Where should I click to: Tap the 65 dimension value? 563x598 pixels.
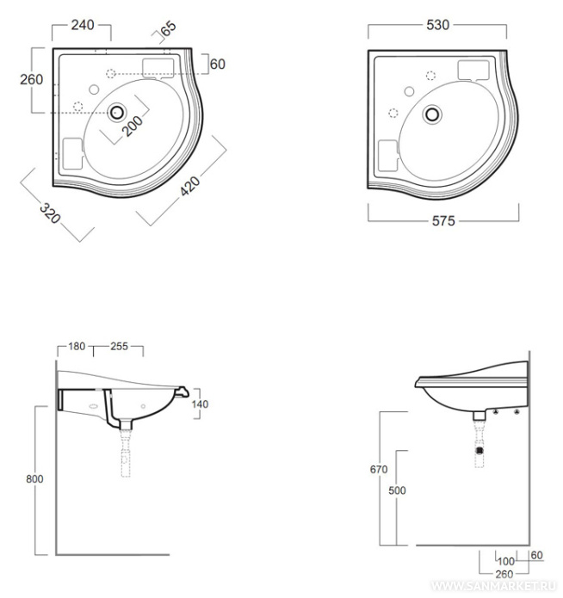click(x=168, y=28)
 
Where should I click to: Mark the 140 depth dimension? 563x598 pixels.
click(x=201, y=404)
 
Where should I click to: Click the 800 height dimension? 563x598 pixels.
click(x=33, y=478)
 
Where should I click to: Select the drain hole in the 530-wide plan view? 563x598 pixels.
click(x=434, y=113)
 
